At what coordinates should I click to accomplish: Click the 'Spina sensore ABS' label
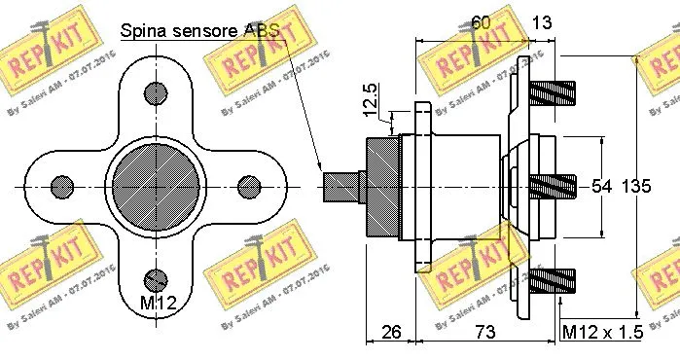click(x=199, y=30)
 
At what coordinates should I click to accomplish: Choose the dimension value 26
click(x=391, y=332)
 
